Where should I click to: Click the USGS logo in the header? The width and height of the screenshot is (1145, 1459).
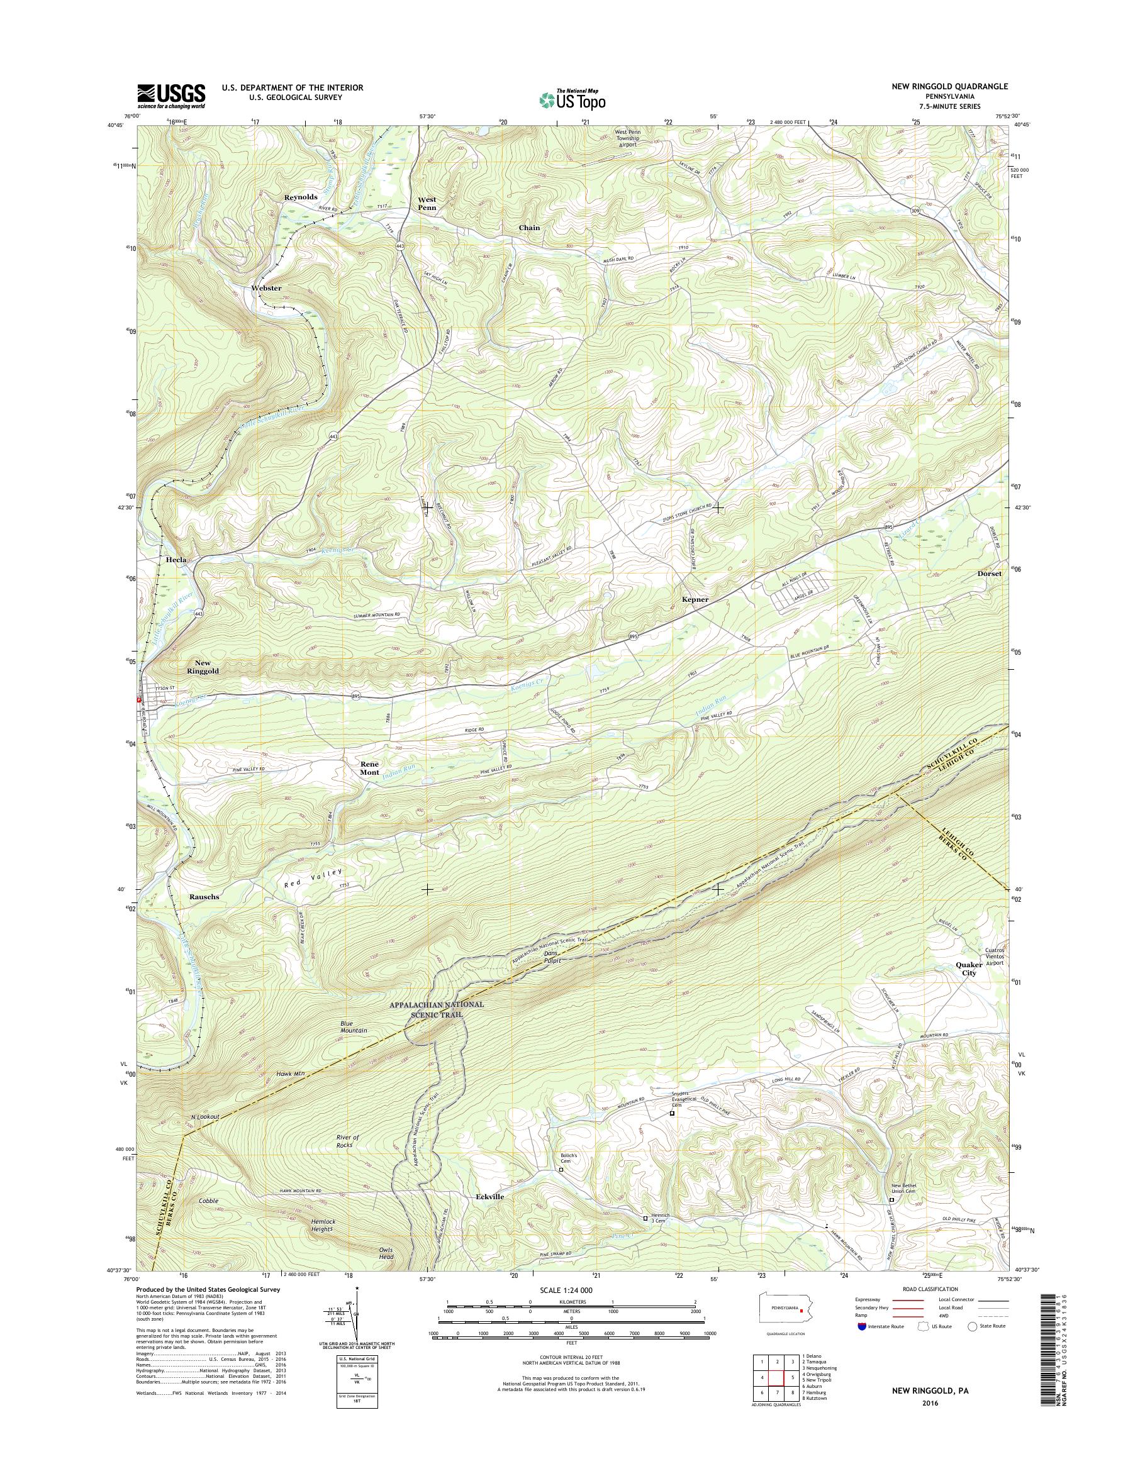click(171, 96)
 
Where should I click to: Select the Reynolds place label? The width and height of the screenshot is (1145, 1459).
click(300, 197)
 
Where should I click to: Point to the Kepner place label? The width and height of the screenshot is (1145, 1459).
click(695, 600)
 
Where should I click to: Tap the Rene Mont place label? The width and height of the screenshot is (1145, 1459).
click(369, 768)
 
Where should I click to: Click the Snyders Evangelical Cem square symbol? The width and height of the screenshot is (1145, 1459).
click(672, 1113)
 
